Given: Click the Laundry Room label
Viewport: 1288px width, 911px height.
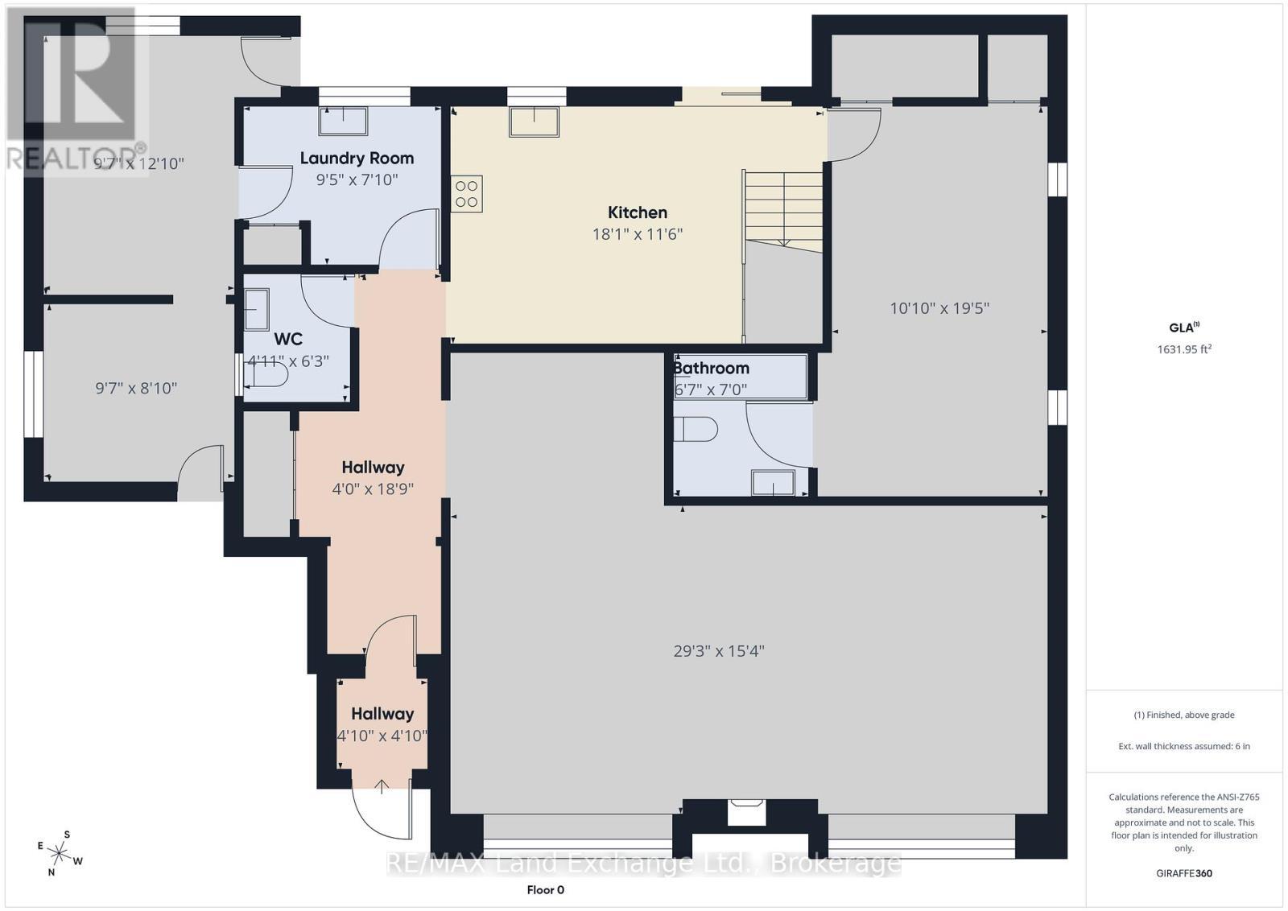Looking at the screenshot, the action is coord(357,158).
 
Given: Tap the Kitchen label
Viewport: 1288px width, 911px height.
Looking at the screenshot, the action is coord(637,212).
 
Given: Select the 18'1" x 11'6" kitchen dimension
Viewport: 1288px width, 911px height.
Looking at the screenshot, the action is coord(637,234).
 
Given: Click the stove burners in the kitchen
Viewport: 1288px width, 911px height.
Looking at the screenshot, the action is coord(466,194).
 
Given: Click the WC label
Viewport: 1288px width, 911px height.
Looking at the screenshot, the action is coord(288,339).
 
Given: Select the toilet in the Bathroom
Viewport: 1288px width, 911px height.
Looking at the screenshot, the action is coord(696,430).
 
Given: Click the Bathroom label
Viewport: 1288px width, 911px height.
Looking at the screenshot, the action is coord(712,368).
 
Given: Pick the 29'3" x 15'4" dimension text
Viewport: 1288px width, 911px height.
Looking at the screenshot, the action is coord(719,651).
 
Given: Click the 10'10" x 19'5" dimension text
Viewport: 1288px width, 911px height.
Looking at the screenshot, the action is coord(939,309).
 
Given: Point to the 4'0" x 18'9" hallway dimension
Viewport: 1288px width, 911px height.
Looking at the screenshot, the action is coord(373,489).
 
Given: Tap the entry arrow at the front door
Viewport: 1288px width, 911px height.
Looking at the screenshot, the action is coord(382,787).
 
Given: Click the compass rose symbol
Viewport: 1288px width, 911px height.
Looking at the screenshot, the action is coord(60,854).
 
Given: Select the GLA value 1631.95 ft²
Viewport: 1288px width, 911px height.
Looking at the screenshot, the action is coord(1184,349).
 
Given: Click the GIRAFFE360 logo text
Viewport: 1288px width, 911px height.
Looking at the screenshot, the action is coord(1184,874).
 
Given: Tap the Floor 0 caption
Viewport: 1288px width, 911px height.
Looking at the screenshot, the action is coord(545,890).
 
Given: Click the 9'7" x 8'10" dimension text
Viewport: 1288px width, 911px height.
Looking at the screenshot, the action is coord(136,389).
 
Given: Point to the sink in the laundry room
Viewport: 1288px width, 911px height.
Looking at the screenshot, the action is coord(343,121).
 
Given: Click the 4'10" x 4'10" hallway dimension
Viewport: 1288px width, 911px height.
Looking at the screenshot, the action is coord(382,736).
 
